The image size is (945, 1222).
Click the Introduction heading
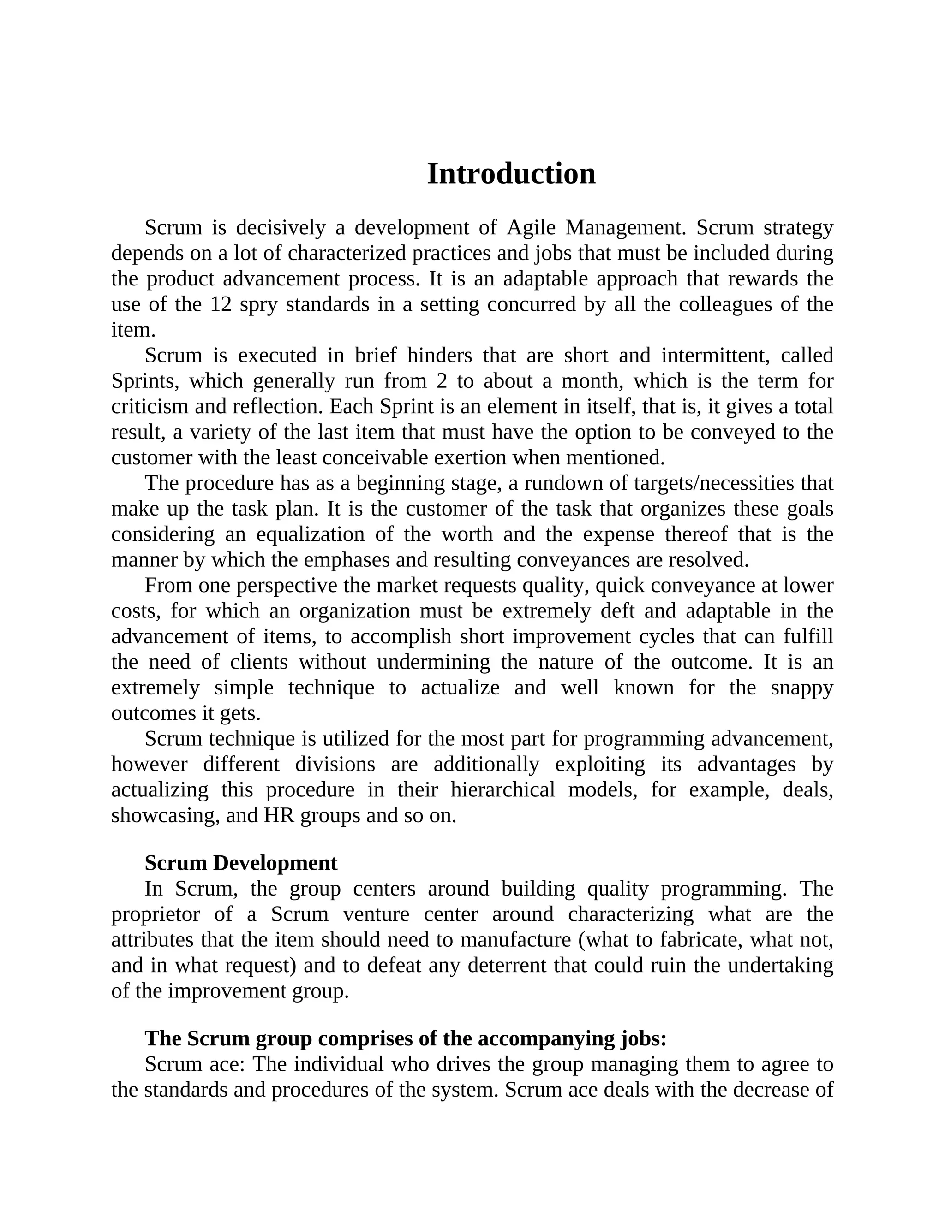tap(511, 173)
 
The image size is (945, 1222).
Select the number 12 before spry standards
tap(221, 304)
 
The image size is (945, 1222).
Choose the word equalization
tap(310, 534)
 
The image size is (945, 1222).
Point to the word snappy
tap(801, 688)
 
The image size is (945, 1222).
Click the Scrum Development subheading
tap(241, 863)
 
